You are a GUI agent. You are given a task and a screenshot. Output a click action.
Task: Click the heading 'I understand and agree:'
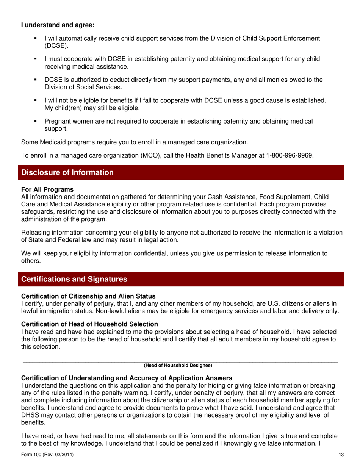pyautogui.click(x=58, y=26)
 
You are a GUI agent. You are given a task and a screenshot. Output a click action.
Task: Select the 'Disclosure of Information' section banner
pyautogui.click(x=180, y=172)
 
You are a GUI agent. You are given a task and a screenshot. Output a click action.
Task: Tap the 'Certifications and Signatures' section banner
pyautogui.click(x=180, y=279)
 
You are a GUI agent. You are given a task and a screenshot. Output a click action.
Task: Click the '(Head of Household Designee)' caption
pyautogui.click(x=178, y=365)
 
